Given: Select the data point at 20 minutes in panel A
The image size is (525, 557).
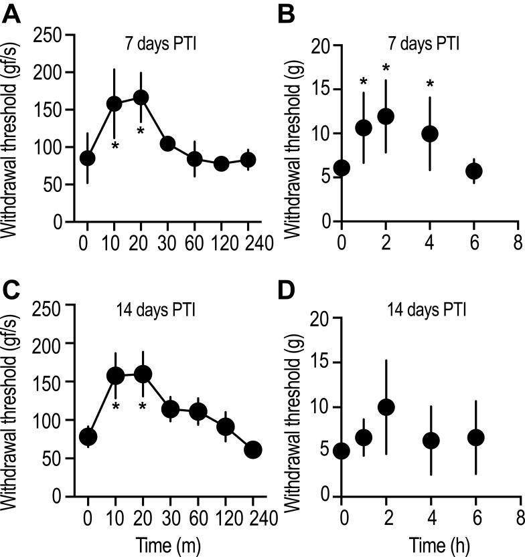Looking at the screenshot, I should pos(141,98).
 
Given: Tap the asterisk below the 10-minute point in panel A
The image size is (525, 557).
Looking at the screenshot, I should pos(115,146).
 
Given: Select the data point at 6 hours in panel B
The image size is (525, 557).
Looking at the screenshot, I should pos(474,171).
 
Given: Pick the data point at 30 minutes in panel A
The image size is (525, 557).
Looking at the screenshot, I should pos(168,144).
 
